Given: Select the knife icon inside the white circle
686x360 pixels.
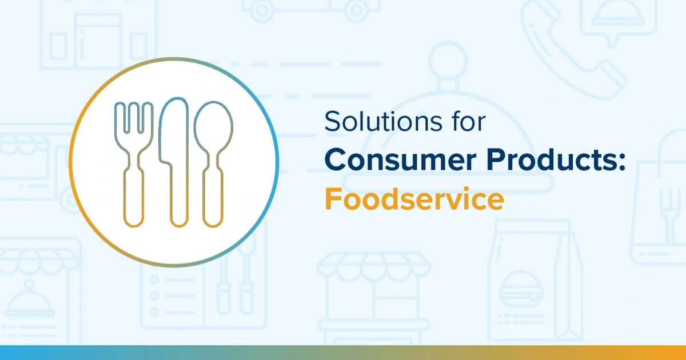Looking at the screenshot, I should (x=174, y=163).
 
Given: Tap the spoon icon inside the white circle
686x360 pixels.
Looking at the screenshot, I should (x=213, y=163).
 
